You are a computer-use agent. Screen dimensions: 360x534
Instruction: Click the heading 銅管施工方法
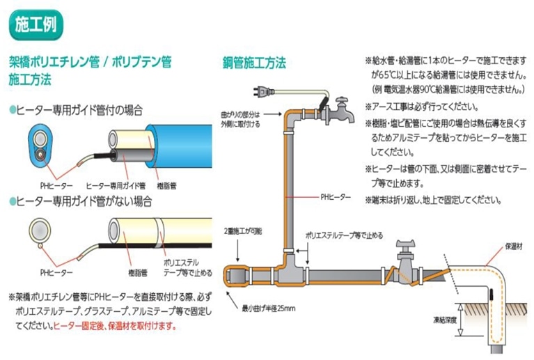[x=254, y=62]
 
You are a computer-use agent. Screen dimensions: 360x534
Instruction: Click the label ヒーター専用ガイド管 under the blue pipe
[x=115, y=185]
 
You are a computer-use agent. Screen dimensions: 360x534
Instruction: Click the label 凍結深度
[x=446, y=322]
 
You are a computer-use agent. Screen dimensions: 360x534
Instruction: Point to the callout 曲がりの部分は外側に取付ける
[x=242, y=119]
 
